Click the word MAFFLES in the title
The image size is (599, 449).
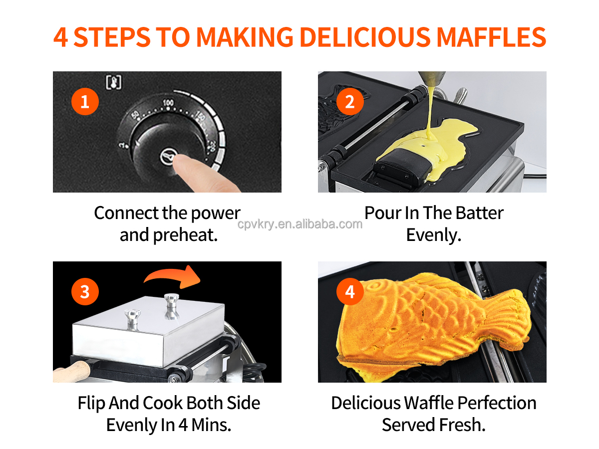[x=491, y=37]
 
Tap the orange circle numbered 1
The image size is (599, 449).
[x=85, y=101]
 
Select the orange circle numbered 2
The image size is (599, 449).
[x=350, y=101]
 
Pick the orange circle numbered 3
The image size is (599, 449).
[x=85, y=291]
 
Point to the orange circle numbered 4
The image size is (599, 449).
[x=350, y=291]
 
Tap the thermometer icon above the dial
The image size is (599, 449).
[x=113, y=82]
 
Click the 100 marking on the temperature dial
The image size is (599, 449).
[x=168, y=103]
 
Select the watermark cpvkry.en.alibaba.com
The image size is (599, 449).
[x=299, y=224]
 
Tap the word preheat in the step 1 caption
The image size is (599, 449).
[x=185, y=235]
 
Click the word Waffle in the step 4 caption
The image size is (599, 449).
[x=428, y=403]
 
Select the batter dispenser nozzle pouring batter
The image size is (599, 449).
[x=431, y=78]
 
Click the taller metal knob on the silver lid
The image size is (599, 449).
[x=171, y=305]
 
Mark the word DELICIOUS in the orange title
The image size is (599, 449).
[x=365, y=37]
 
